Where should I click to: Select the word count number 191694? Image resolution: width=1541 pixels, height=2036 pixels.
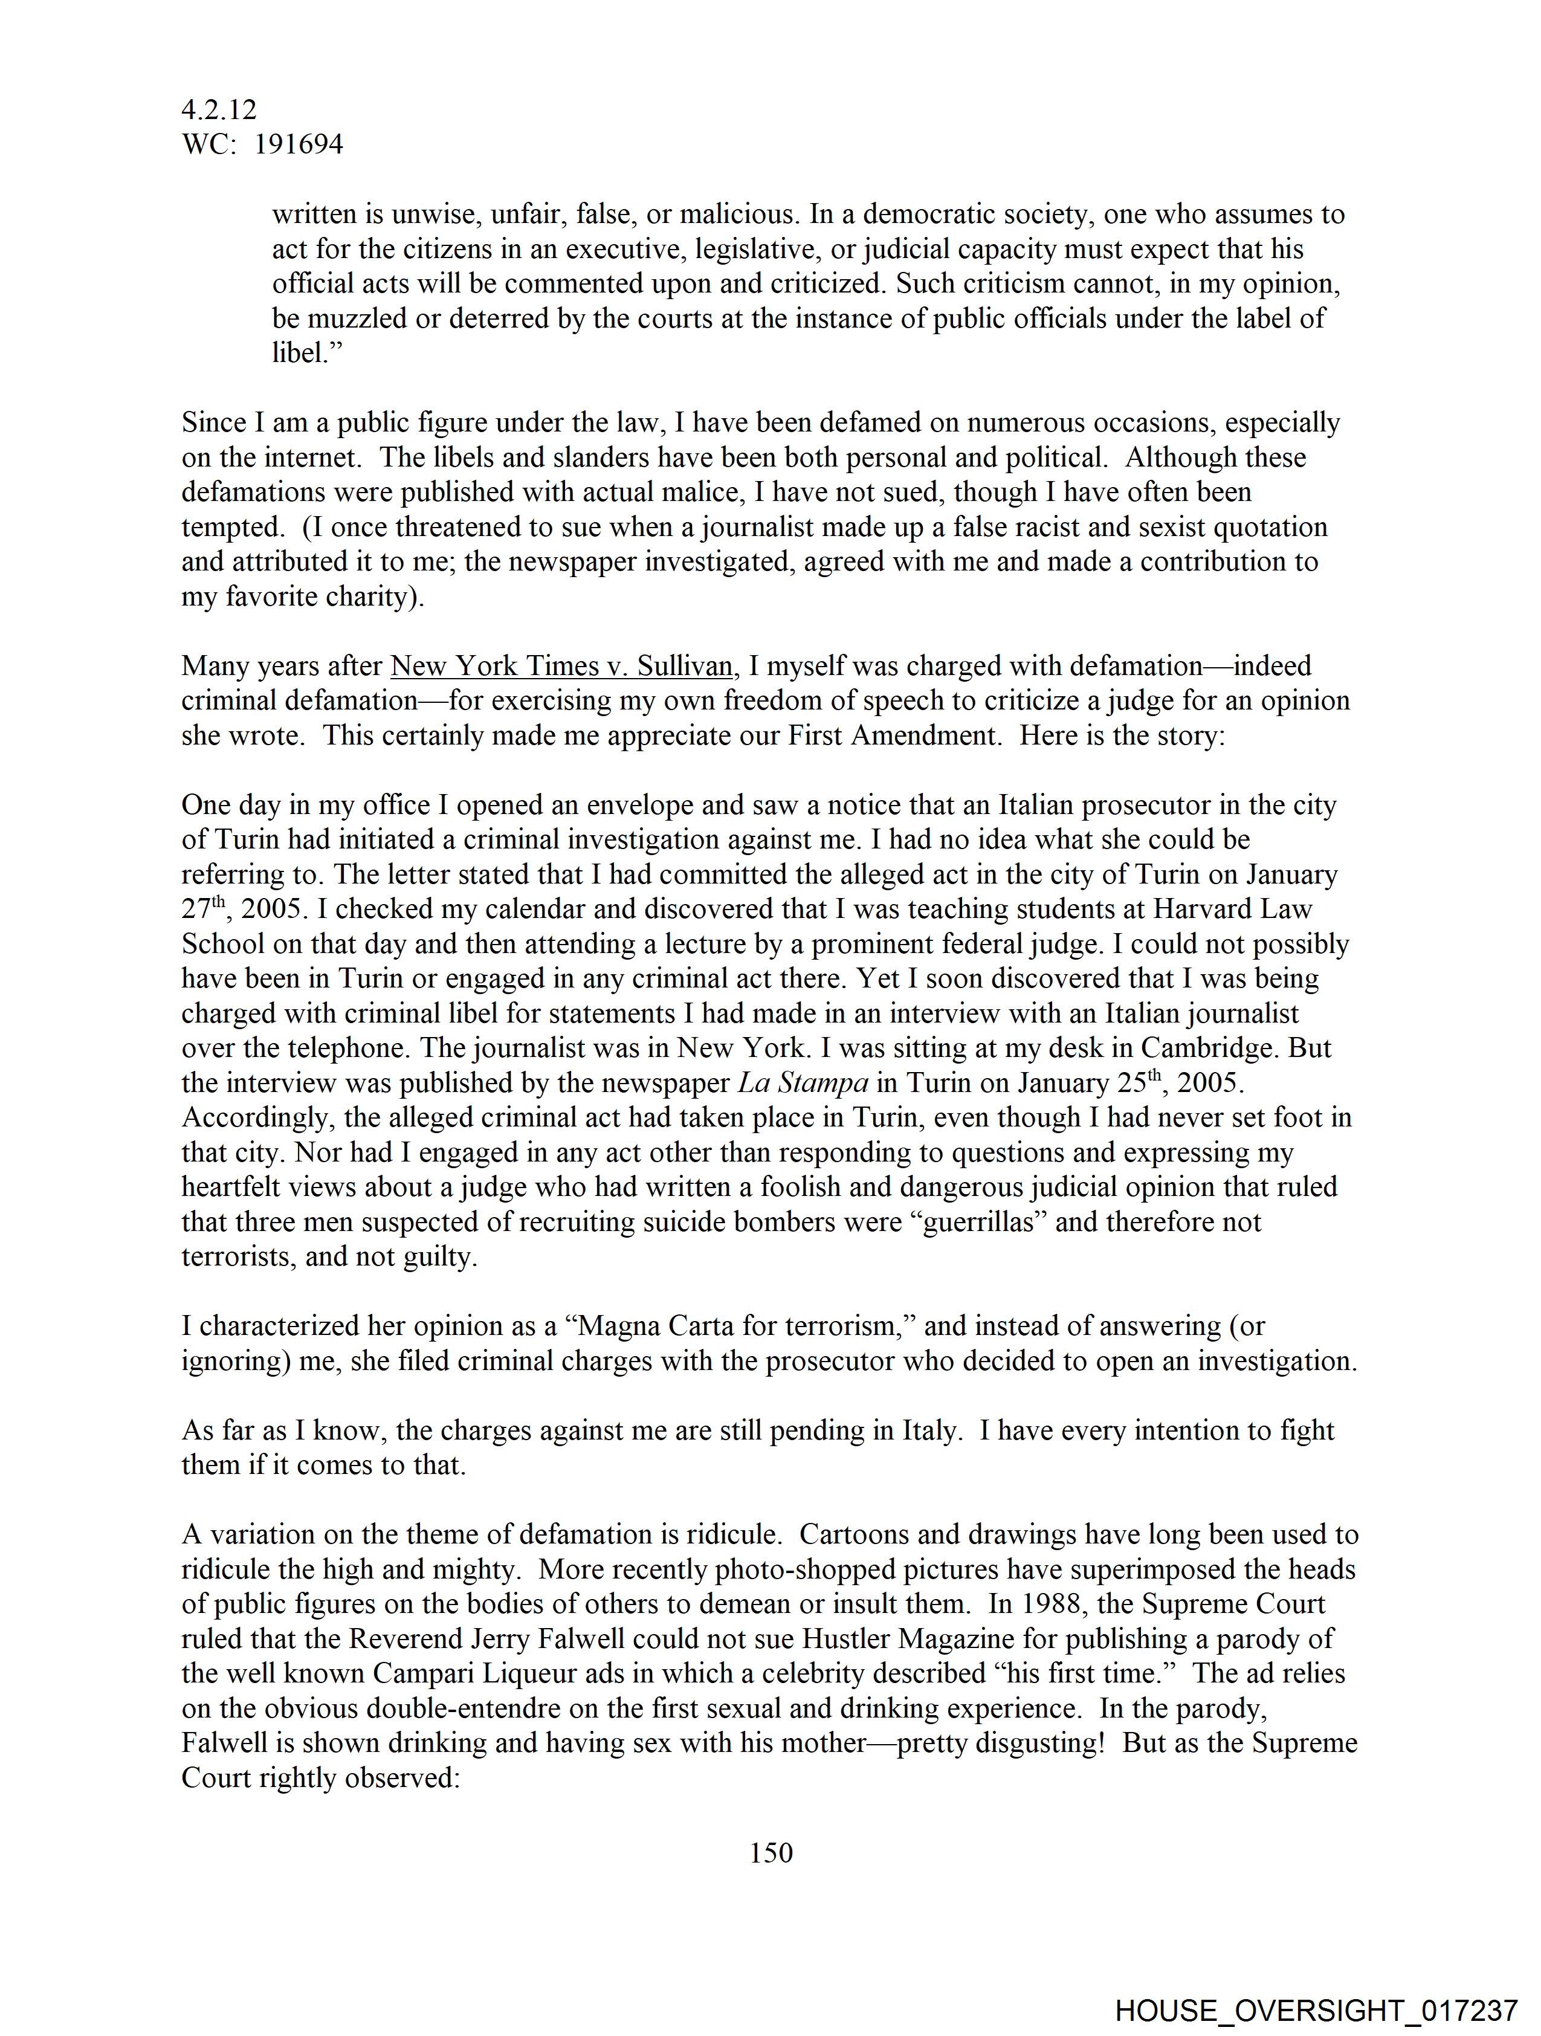pos(299,144)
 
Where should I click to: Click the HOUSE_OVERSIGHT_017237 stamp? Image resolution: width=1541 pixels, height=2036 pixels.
pos(1316,2010)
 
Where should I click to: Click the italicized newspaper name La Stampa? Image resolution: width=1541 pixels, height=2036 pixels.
pos(803,1084)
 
